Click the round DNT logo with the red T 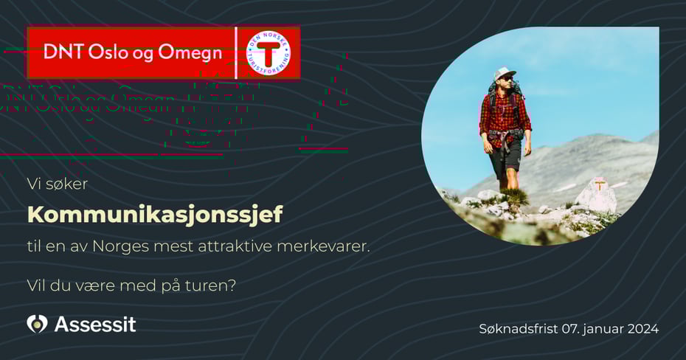(268, 52)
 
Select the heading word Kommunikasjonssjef (155, 215)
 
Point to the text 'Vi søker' (58, 184)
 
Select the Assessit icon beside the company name (37, 324)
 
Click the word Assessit (95, 324)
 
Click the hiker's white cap (505, 73)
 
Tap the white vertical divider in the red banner (236, 52)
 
